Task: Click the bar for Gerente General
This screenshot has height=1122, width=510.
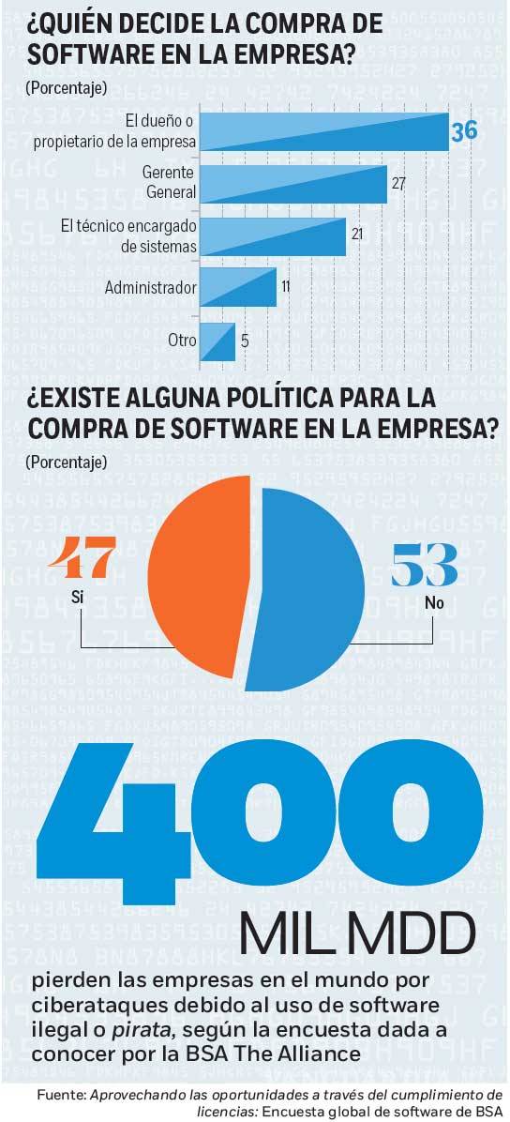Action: click(294, 184)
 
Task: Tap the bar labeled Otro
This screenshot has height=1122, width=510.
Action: click(217, 341)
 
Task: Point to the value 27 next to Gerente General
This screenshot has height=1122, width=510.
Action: click(397, 182)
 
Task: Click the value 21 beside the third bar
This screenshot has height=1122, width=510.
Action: click(357, 234)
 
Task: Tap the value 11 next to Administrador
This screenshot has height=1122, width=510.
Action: click(285, 284)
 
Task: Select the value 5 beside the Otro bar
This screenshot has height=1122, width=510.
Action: click(245, 341)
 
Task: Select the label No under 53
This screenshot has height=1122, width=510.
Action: click(434, 603)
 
